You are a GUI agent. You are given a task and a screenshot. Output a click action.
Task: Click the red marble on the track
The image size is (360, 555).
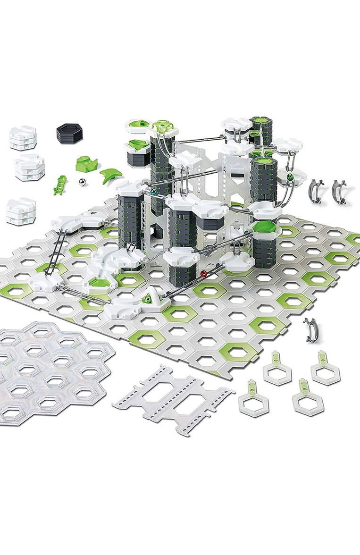coord(204,273)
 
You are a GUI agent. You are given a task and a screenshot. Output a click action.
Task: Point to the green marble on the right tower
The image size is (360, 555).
coord(289,177)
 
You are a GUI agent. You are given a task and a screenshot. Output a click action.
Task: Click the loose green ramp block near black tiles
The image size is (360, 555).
coord(87,163)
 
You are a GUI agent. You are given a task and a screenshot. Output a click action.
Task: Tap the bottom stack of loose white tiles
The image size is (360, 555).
coord(21,211)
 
